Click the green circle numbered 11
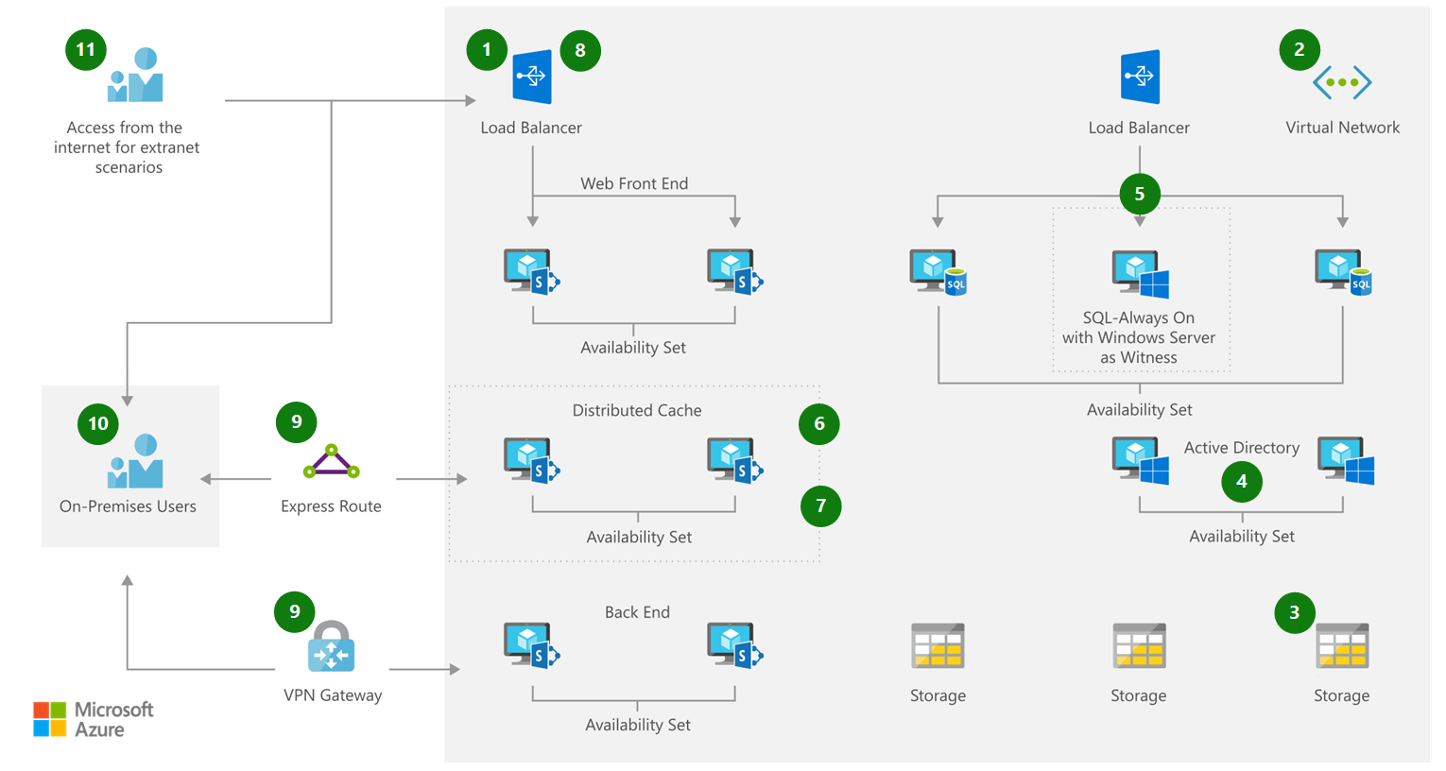point(86,50)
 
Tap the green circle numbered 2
point(1300,50)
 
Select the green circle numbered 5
point(1139,194)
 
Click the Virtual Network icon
point(1342,82)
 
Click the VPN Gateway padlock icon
point(331,647)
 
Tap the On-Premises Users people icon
point(136,461)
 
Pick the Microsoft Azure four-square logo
point(50,719)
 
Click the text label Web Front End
point(634,183)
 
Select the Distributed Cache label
point(637,410)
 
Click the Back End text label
point(637,612)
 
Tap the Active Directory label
point(1241,448)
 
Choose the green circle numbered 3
point(1294,612)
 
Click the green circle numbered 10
point(98,423)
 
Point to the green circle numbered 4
point(1242,482)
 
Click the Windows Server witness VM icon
point(1141,275)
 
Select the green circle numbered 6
point(819,424)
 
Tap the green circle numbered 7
point(820,505)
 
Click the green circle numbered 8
point(580,51)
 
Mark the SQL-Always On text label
point(1139,317)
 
